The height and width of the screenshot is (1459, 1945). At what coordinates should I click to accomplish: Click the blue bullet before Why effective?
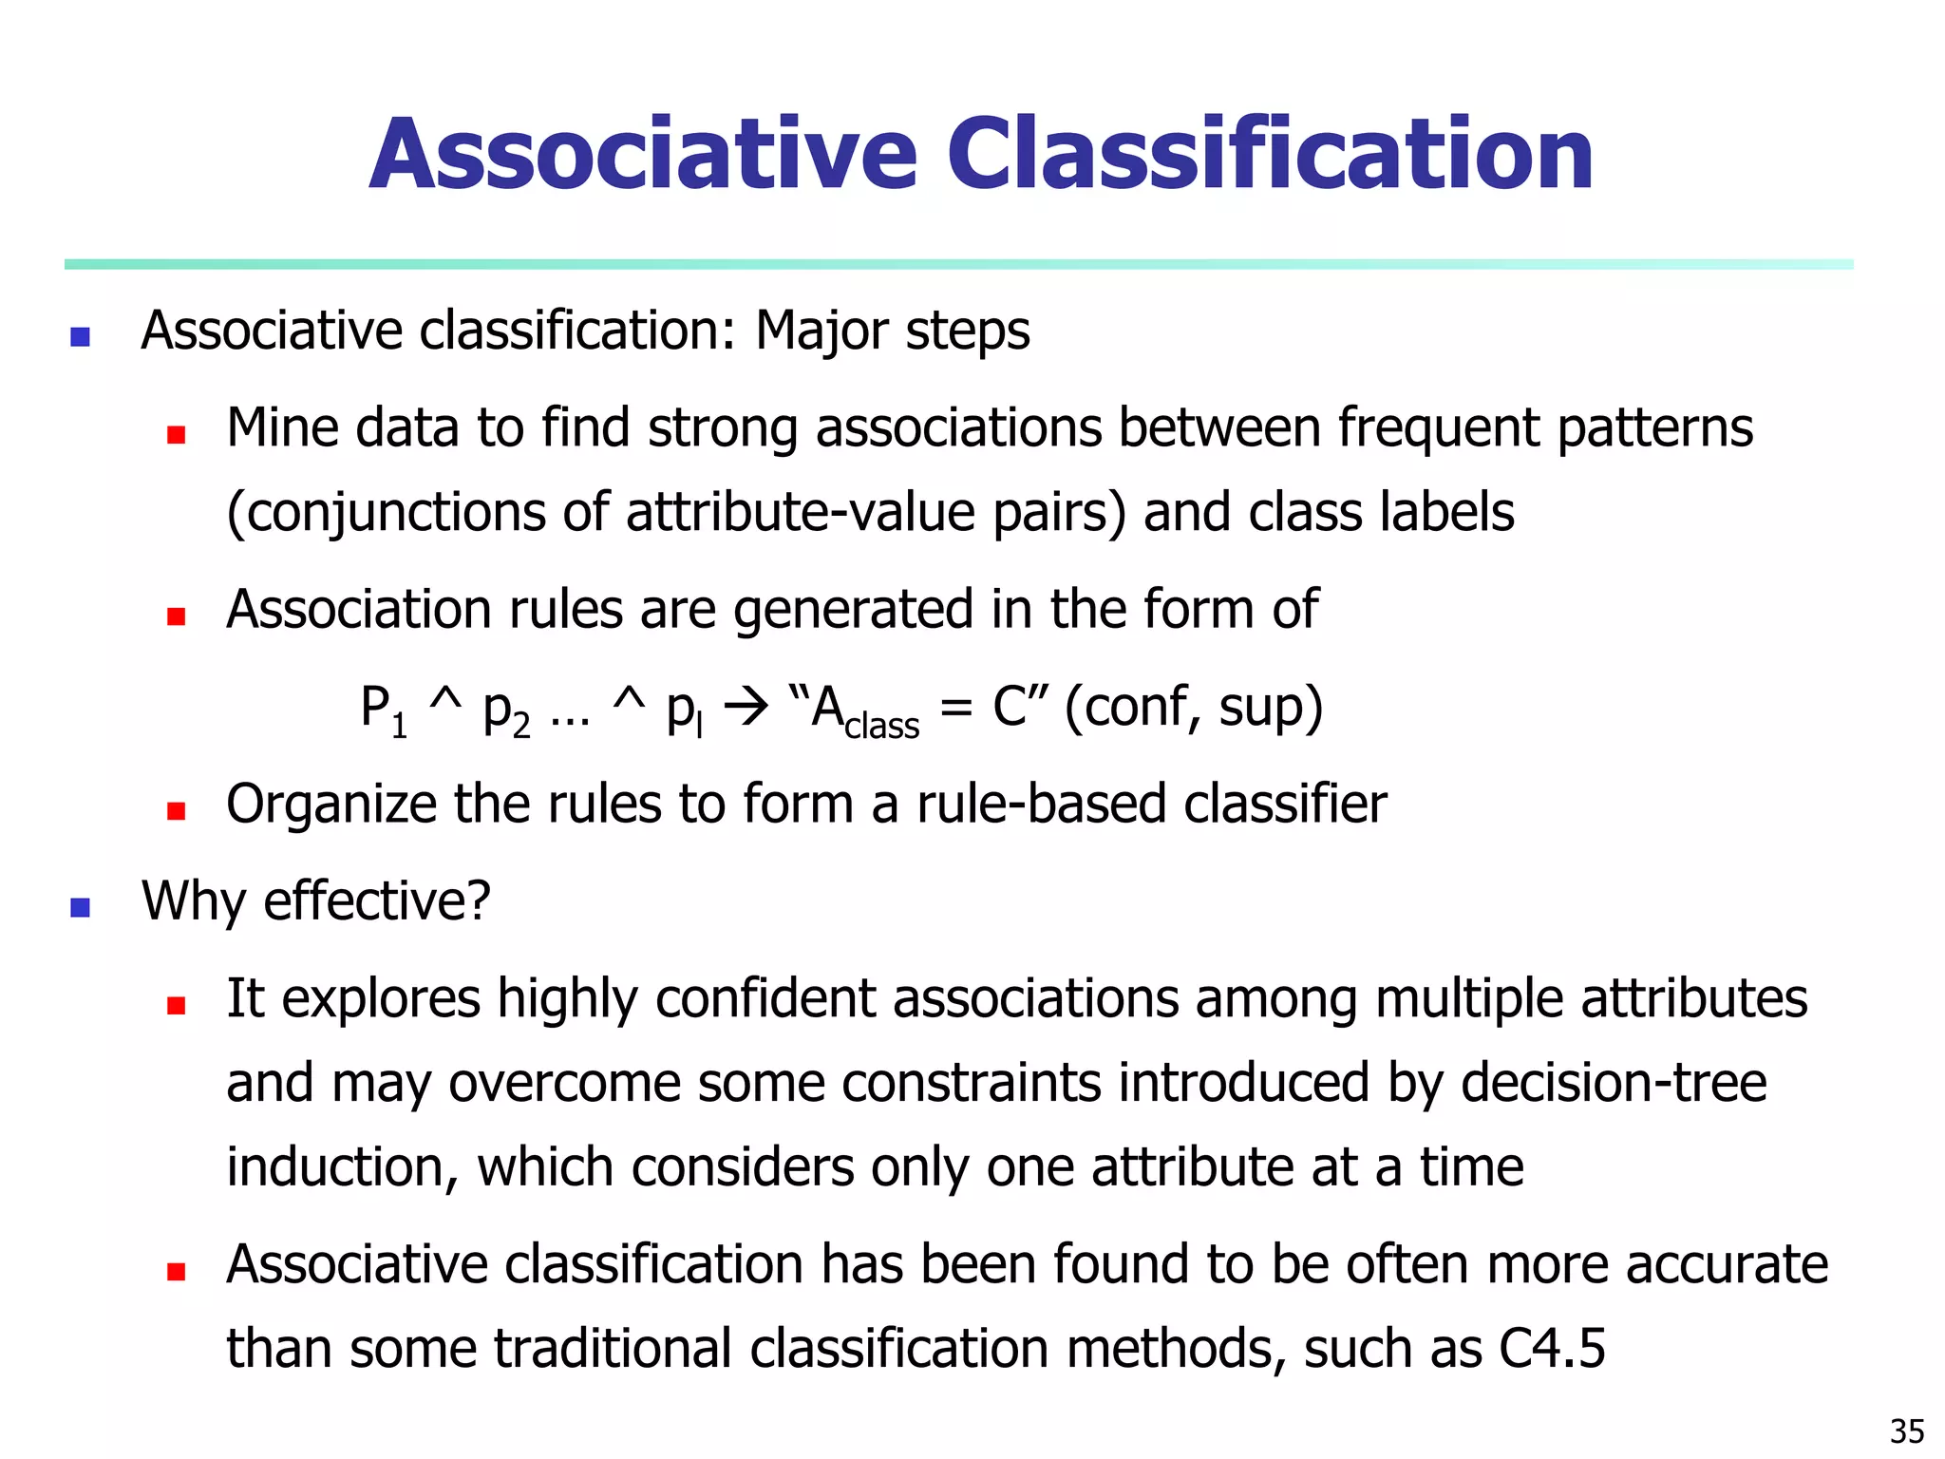point(81,907)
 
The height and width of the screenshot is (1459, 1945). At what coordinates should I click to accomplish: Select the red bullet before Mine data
point(176,435)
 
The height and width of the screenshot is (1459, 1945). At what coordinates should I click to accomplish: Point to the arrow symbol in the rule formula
point(746,708)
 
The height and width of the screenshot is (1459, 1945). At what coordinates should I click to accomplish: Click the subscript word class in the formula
point(882,728)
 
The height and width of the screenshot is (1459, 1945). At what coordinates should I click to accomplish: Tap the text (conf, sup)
point(1194,708)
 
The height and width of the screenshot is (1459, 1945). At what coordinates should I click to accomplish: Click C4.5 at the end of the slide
point(1552,1348)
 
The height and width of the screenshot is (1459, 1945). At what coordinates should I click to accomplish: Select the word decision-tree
point(1614,1082)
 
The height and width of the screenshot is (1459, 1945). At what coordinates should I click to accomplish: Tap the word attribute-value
point(801,512)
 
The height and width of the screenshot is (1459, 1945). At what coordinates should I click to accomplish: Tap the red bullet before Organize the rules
point(176,811)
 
